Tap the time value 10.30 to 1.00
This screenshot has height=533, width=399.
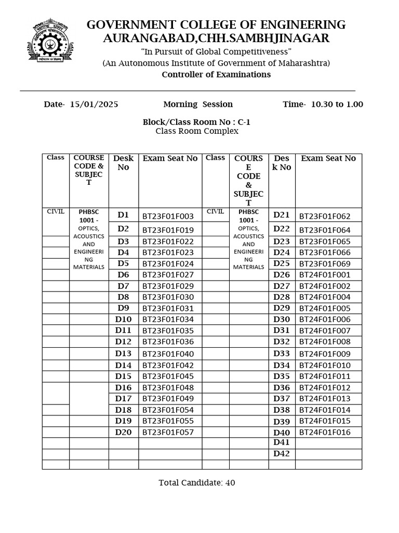coord(337,104)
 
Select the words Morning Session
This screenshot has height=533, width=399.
coord(198,104)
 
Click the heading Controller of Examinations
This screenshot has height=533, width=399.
coord(216,74)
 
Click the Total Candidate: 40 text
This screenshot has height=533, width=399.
coord(197,483)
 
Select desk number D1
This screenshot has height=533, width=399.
coord(123,215)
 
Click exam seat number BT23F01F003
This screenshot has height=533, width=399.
coord(168,216)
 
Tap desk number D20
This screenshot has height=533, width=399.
coord(124,432)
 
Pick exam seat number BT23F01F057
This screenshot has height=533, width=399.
coord(168,433)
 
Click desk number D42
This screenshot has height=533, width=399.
coord(282,453)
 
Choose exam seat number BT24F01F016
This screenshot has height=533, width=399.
coord(325,433)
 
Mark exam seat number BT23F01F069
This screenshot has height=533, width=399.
coord(325,264)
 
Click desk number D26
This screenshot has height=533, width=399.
coord(282,274)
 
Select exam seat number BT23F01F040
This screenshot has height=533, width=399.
coord(168,354)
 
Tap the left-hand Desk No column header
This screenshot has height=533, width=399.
coord(124,162)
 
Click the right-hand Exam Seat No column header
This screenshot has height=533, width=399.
coord(328,158)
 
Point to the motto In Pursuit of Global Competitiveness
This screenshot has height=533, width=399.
coord(216,52)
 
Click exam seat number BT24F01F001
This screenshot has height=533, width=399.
coord(325,275)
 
